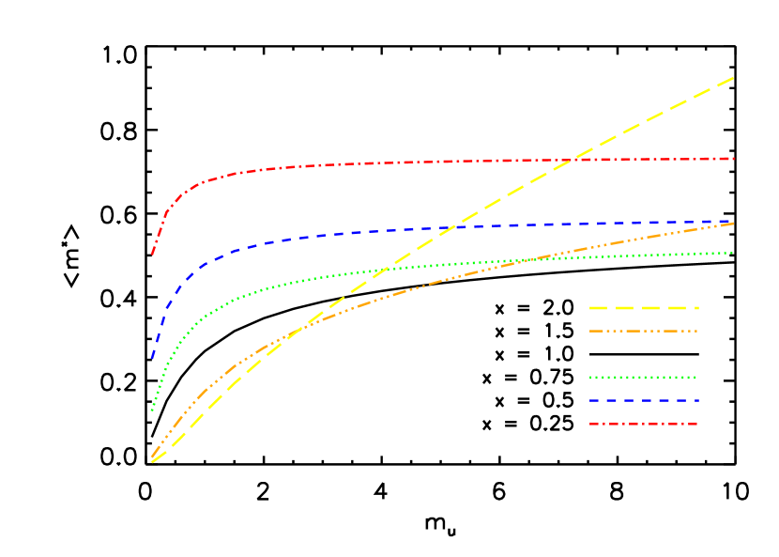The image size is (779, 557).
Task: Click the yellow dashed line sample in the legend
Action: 644,307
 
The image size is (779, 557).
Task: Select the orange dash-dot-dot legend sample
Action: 644,331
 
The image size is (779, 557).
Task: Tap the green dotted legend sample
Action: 644,378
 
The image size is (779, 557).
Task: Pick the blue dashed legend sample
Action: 644,401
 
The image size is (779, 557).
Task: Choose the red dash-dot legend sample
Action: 644,425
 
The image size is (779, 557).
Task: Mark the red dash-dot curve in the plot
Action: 375,163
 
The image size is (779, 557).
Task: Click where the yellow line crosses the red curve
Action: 572,161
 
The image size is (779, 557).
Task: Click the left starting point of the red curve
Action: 152,254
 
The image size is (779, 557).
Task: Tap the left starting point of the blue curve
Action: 152,358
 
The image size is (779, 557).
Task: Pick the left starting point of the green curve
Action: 152,410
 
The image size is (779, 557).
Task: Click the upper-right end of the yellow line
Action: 732,78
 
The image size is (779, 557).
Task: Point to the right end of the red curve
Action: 732,159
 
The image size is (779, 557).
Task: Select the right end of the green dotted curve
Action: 732,253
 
